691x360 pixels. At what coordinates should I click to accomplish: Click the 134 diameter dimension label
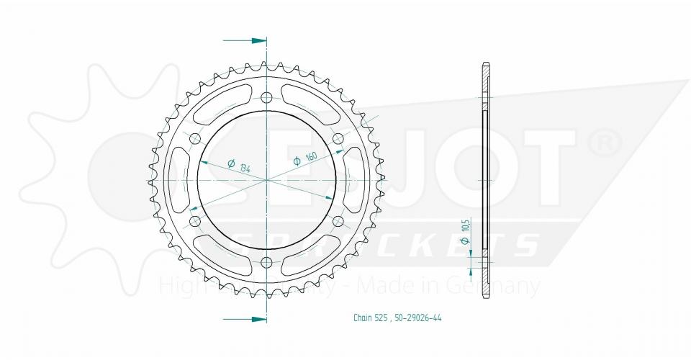235,165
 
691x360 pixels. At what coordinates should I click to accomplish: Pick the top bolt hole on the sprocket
266,98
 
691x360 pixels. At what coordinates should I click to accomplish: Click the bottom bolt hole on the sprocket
266,261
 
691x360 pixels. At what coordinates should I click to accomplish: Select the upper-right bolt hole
337,139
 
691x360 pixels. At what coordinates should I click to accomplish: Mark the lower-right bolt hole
337,220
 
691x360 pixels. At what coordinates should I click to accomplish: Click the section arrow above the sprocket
245,40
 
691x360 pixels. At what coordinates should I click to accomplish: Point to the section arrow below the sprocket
245,318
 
